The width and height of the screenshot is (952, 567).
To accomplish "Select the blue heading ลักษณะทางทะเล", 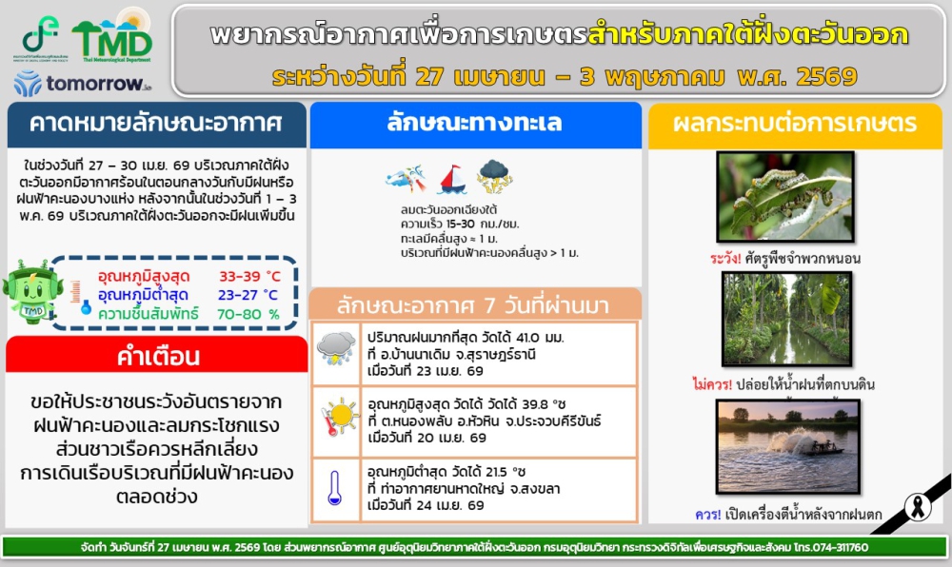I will click(x=474, y=124).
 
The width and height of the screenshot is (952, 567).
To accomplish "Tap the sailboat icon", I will click(x=452, y=179).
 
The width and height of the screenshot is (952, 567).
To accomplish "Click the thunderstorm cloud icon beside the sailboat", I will click(x=494, y=176).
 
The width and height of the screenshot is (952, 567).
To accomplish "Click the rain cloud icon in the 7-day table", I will click(x=336, y=348).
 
